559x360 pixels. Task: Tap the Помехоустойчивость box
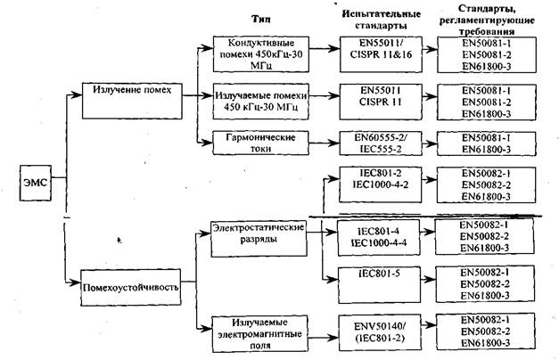click(x=130, y=288)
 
